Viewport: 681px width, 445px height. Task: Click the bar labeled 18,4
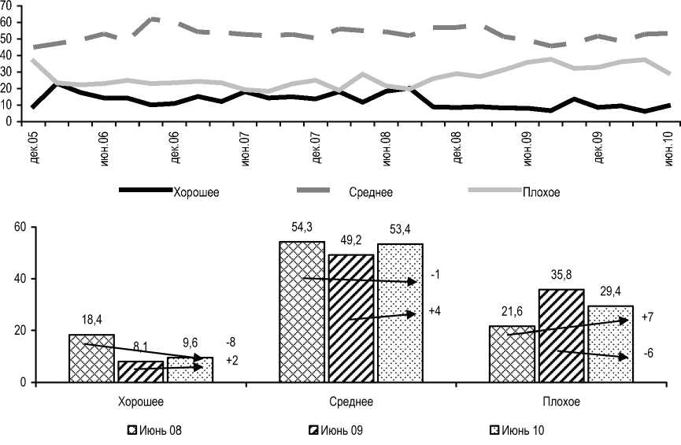pyautogui.click(x=92, y=358)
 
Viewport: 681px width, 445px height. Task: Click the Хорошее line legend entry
pyautogui.click(x=169, y=191)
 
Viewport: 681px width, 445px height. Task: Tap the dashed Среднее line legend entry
pyautogui.click(x=346, y=191)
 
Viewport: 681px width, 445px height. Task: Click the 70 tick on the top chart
pyautogui.click(x=7, y=6)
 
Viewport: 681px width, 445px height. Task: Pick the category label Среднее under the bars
pyautogui.click(x=351, y=402)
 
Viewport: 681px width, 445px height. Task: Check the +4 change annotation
pyautogui.click(x=435, y=312)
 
